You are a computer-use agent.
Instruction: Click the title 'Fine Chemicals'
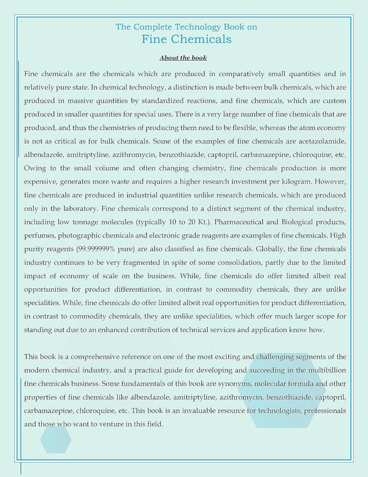click(x=186, y=40)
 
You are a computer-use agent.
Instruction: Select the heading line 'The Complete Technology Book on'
click(x=186, y=27)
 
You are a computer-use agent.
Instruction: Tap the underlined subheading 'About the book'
click(x=183, y=58)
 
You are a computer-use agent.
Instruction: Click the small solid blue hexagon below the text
click(x=55, y=438)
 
